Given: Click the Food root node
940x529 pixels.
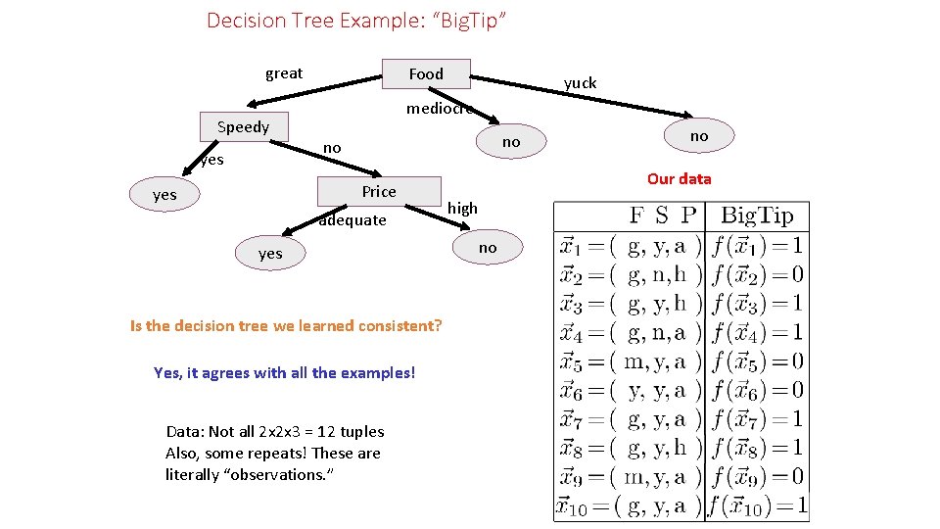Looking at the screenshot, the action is (426, 74).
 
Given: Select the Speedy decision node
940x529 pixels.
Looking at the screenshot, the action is (243, 127).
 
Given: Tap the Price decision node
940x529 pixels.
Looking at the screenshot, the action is (379, 192).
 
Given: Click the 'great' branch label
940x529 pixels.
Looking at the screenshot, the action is (284, 73).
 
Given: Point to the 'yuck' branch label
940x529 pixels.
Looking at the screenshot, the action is (580, 83).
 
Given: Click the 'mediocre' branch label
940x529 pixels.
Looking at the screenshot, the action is (440, 109).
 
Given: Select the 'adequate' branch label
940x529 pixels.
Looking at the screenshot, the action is (352, 220).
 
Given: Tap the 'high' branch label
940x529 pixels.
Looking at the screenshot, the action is (462, 208).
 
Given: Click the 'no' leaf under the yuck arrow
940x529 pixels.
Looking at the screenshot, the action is (698, 136).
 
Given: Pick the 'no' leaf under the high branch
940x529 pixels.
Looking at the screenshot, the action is (488, 248).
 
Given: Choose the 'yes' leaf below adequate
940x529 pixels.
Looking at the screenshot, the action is (270, 254).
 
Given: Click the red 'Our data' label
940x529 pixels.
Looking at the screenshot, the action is (679, 179).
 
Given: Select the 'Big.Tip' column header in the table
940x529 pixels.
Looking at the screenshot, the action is (757, 216).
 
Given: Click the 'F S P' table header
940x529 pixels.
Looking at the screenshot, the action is (663, 216).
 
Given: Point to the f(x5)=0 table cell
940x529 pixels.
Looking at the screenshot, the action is (757, 361).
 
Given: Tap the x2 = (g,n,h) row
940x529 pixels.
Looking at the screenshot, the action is (630, 274).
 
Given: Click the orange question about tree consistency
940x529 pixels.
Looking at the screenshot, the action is (286, 325).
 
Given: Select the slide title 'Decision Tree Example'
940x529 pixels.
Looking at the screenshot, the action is (356, 20).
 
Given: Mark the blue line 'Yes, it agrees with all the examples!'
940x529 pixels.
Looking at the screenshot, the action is (285, 372).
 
